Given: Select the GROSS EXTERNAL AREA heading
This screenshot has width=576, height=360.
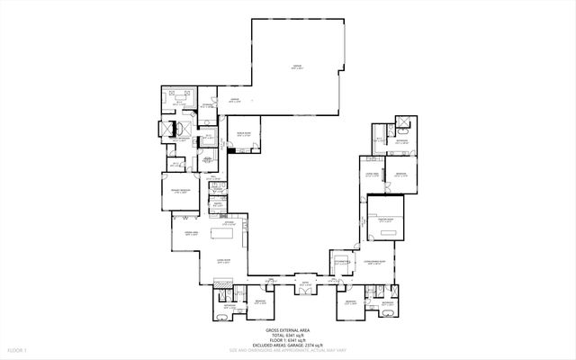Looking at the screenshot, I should point(288,331).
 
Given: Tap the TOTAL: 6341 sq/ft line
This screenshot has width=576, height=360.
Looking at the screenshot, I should point(288,337).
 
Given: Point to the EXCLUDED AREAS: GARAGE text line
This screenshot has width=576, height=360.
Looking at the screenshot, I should point(288,347).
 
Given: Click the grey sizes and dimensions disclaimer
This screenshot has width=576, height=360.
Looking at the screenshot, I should point(288,353).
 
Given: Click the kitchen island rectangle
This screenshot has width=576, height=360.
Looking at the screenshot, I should point(222,235).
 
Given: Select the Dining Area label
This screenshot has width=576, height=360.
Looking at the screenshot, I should point(190,234).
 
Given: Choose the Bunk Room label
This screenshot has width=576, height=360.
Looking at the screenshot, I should point(243,133).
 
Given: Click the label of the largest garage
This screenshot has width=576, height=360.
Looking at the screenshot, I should point(296,65).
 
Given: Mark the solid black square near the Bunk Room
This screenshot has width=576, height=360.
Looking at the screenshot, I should point(231,151).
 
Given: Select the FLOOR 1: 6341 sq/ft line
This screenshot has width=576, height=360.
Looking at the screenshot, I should point(288,342).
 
